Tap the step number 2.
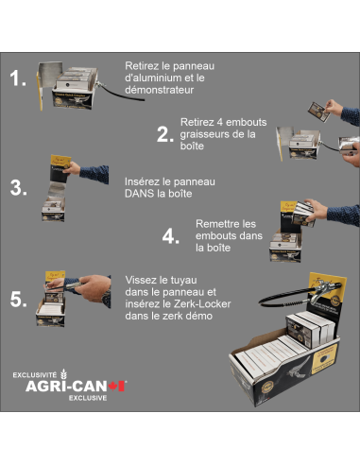166,133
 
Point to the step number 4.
171,236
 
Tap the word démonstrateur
160,92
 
